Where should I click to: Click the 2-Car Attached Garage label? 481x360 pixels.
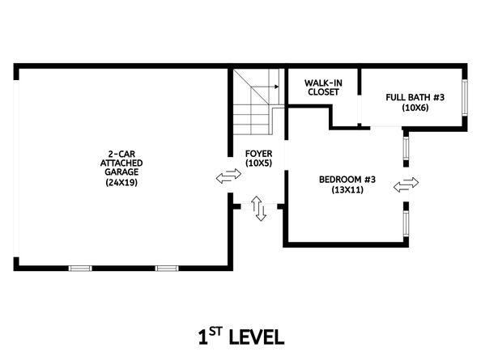tap(121, 163)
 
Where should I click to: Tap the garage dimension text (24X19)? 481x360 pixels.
tap(121, 182)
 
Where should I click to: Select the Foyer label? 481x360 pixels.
tap(258, 154)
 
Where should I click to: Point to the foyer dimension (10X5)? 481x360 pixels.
tap(258, 163)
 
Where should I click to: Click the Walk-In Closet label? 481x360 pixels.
tap(323, 87)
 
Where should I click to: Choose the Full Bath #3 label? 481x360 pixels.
tap(415, 97)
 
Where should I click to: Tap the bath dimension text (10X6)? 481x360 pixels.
tap(415, 108)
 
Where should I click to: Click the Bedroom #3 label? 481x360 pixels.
tap(347, 180)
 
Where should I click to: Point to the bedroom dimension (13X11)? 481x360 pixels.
tap(347, 189)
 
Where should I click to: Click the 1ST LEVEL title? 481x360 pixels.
tap(241, 337)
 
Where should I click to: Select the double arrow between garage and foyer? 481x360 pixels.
tap(228, 176)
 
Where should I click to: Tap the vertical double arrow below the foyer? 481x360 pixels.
tap(258, 209)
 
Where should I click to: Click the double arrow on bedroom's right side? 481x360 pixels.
tap(406, 184)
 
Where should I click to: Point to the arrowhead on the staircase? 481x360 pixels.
tap(277, 87)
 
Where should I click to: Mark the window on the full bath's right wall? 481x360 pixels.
tap(465, 97)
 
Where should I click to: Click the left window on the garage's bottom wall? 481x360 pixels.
tap(80, 269)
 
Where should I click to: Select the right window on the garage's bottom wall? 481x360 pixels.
tap(167, 269)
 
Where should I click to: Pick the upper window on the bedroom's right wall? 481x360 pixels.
tap(406, 148)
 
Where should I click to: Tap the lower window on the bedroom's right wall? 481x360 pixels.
tap(406, 223)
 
